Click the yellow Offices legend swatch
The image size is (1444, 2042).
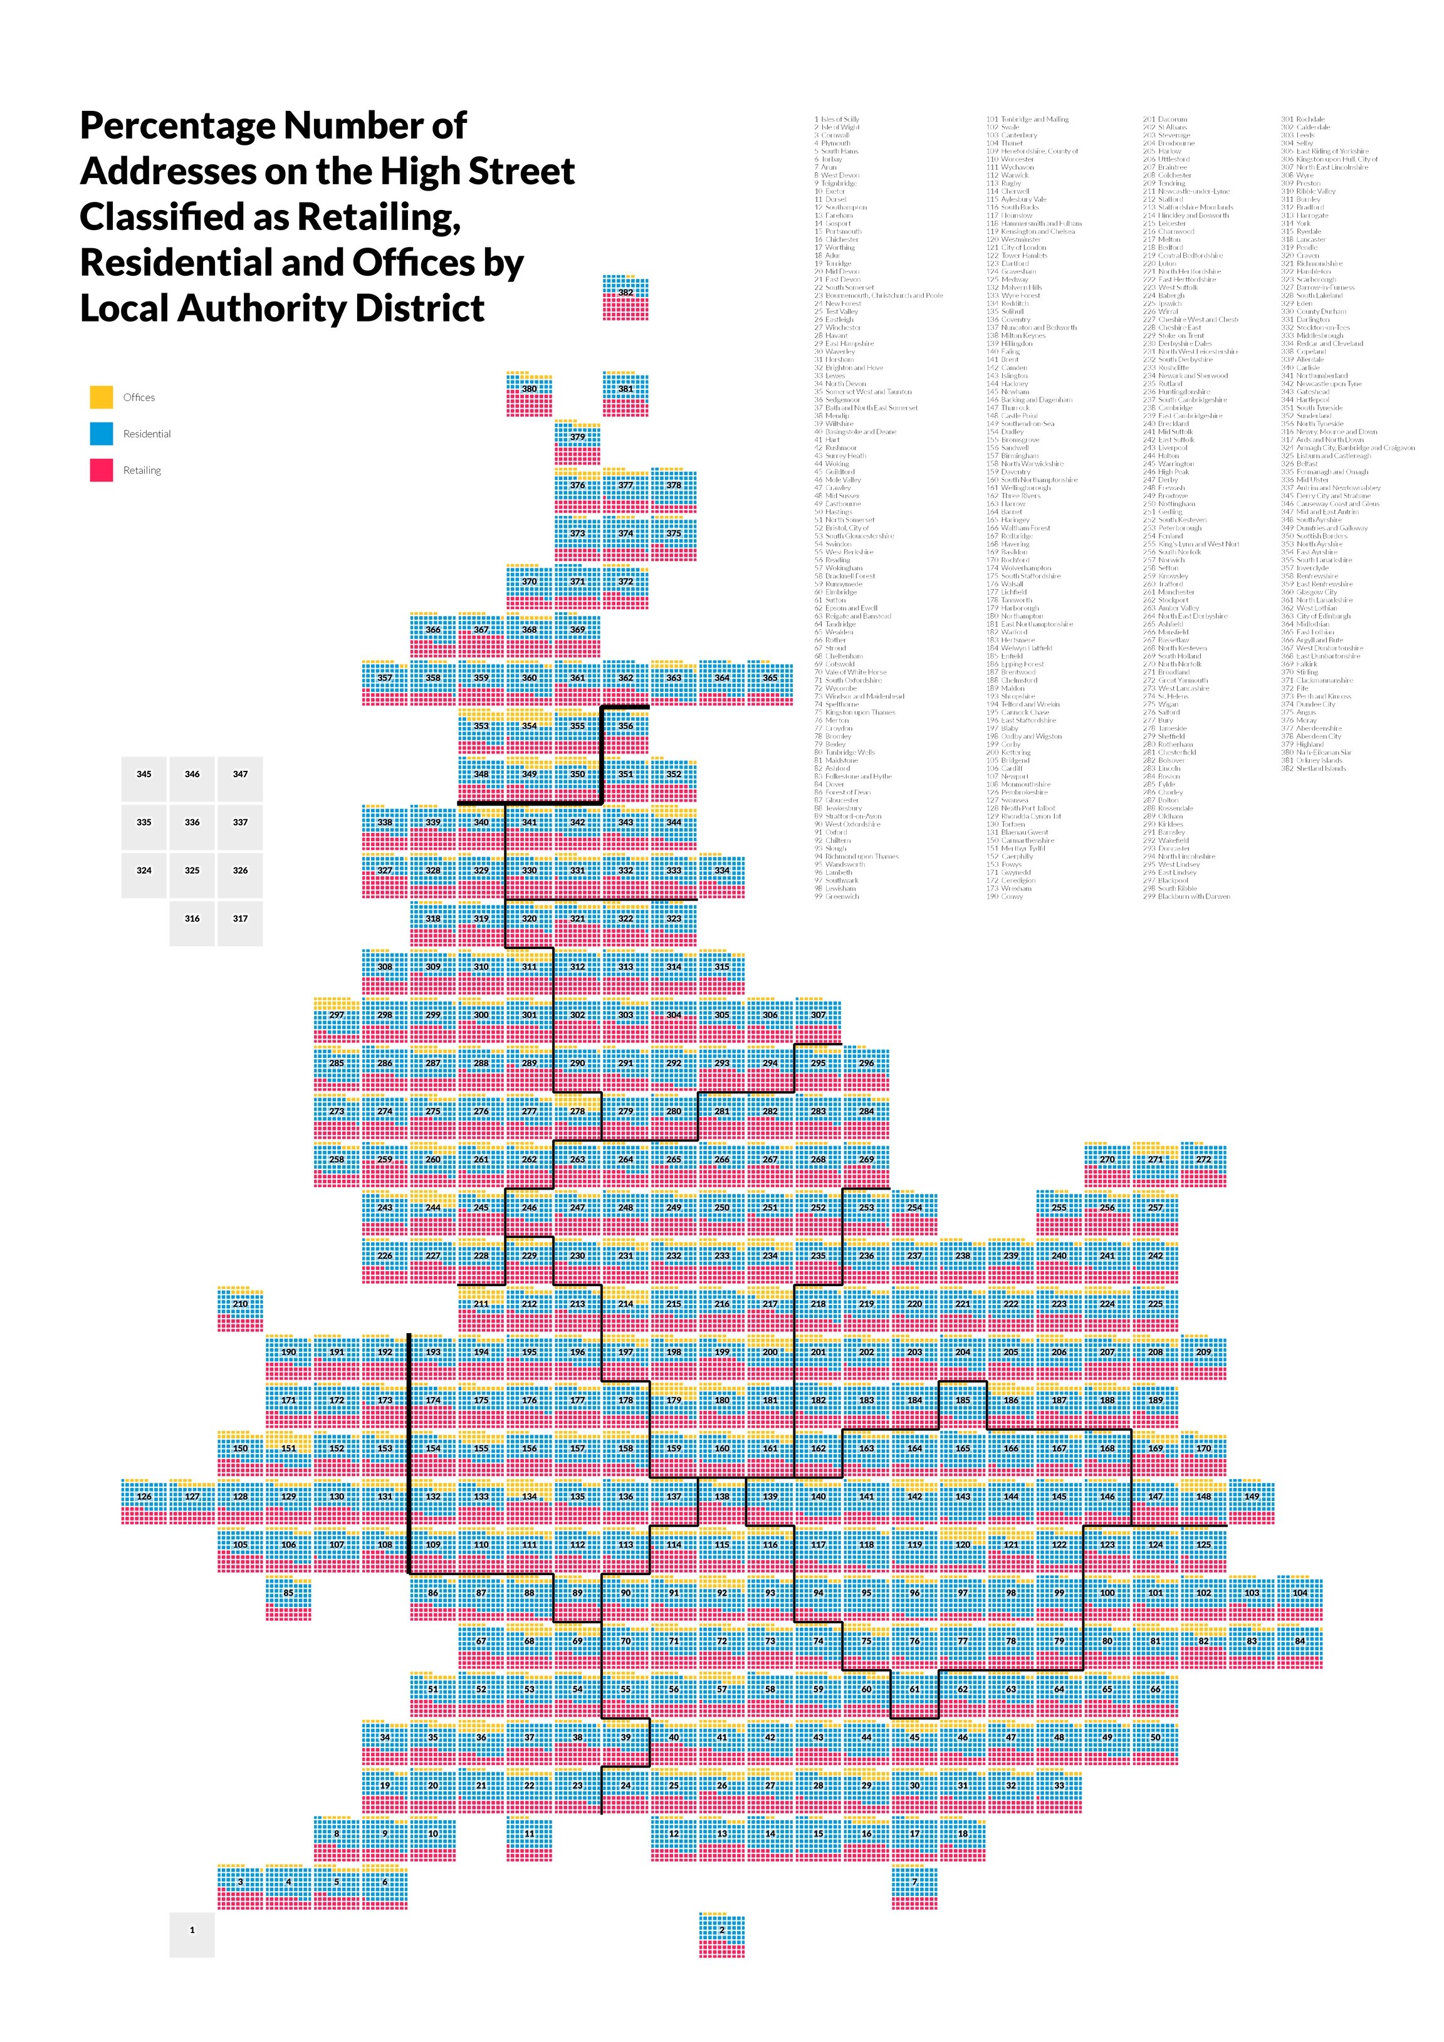[102, 397]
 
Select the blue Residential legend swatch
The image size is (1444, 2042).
[102, 433]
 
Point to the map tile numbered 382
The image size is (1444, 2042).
[626, 297]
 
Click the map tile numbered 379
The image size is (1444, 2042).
[578, 442]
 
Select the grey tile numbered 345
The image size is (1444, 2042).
[144, 779]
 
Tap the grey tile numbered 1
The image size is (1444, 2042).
[192, 1934]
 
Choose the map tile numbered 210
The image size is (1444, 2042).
[240, 1308]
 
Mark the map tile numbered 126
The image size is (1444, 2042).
[144, 1501]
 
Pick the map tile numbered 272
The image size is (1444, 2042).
[1203, 1164]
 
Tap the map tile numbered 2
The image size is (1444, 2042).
[722, 1934]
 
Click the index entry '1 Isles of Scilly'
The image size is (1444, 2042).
[837, 119]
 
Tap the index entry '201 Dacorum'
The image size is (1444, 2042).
[1165, 119]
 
